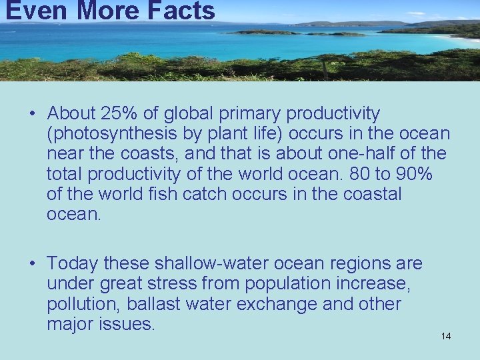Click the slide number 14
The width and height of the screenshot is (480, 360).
tap(446, 336)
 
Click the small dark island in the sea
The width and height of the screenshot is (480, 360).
tap(263, 31)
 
